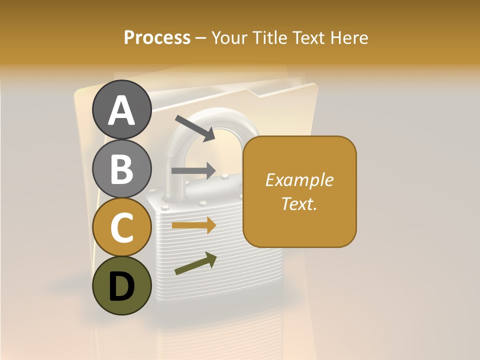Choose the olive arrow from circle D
point(195,263)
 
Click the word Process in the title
point(157,37)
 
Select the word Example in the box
point(299,180)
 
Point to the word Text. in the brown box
point(299,203)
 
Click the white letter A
point(121,111)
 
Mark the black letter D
point(121,286)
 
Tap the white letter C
point(121,227)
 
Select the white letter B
point(121,169)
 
